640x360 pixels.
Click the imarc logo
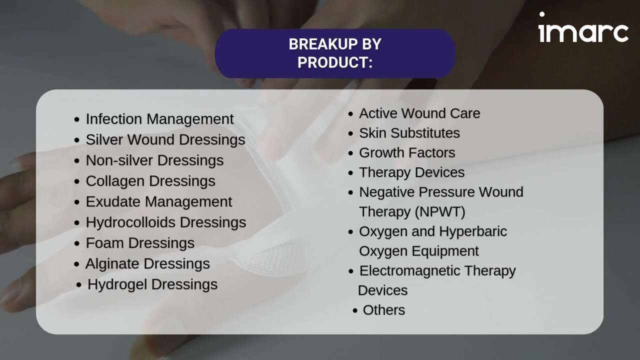click(x=583, y=28)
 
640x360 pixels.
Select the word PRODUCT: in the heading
click(x=334, y=62)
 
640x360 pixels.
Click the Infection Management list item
click(x=159, y=119)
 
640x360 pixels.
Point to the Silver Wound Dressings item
click(x=165, y=139)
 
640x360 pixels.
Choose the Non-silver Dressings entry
click(x=154, y=160)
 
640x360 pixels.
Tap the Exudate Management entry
click(x=158, y=201)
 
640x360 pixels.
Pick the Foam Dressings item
click(x=140, y=243)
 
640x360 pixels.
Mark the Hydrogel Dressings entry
click(x=152, y=284)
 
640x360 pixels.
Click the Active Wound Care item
click(x=419, y=113)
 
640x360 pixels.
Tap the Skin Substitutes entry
click(x=409, y=133)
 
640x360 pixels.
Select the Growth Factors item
click(x=407, y=152)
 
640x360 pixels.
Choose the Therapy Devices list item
click(x=411, y=172)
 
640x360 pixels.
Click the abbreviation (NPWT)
click(x=439, y=212)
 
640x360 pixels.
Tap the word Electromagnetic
click(x=409, y=271)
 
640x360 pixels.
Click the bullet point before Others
click(x=355, y=310)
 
